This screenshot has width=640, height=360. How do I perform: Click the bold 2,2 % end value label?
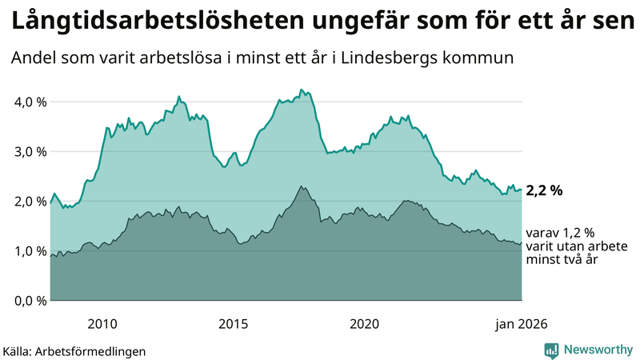545,190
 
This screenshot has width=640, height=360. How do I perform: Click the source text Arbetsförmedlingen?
95,350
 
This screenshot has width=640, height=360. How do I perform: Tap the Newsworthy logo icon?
551,350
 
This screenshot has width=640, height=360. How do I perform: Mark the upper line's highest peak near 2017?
301,90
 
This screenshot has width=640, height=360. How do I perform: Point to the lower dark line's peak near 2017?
301,186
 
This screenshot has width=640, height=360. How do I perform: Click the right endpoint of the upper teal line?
522,190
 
